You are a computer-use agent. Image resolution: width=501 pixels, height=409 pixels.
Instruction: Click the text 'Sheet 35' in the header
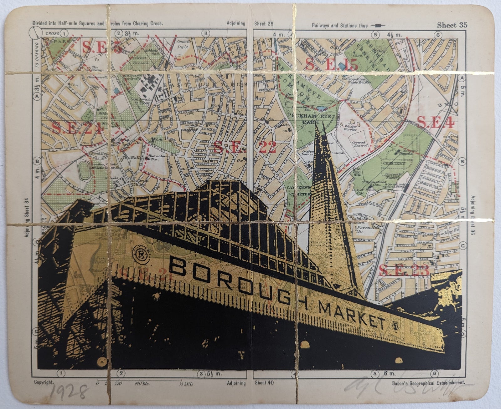[x=452, y=25]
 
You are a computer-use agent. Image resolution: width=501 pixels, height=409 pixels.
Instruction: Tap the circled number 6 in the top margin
[x=437, y=34]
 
